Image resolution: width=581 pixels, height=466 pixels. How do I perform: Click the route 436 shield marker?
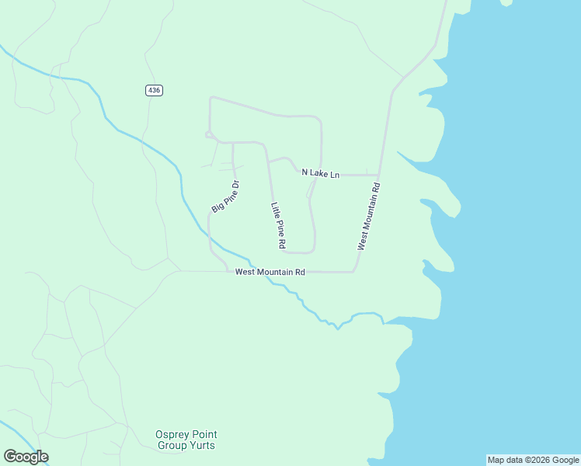click(154, 91)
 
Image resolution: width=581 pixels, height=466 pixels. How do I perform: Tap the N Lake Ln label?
click(321, 174)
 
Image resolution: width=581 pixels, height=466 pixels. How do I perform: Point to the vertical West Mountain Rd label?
click(369, 217)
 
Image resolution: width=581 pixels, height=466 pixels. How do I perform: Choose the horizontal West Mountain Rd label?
click(270, 272)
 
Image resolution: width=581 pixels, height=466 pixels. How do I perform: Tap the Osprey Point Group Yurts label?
click(186, 440)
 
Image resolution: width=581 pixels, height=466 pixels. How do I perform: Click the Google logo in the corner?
click(26, 457)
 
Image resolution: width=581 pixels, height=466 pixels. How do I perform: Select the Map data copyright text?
click(533, 460)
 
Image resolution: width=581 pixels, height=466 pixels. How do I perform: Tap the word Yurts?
click(201, 446)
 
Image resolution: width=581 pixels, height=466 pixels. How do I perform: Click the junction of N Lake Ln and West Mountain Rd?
click(378, 175)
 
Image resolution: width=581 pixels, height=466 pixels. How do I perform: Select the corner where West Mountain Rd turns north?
click(354, 271)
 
